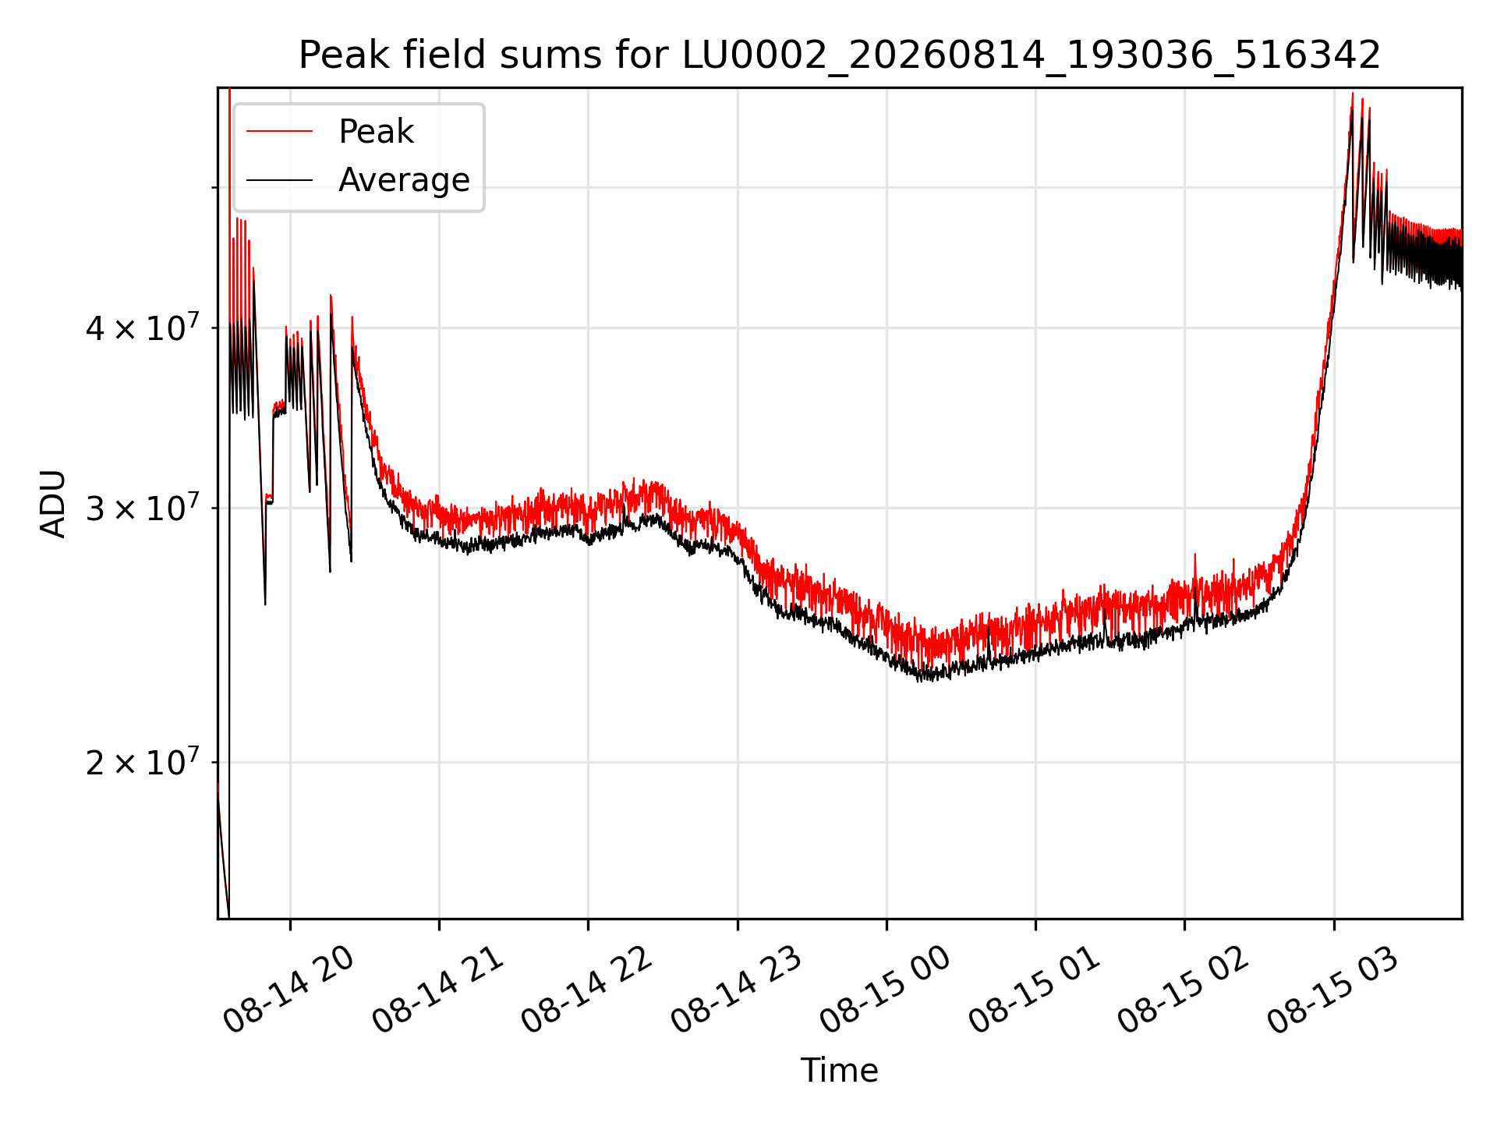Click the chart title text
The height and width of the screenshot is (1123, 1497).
point(840,55)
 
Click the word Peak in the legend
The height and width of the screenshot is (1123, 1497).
point(376,132)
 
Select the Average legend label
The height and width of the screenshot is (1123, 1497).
point(404,180)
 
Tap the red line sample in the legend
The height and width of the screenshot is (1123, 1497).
point(280,132)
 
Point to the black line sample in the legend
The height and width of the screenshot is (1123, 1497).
point(280,181)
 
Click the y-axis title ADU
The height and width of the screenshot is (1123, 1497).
point(53,504)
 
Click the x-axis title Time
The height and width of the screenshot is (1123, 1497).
point(840,1071)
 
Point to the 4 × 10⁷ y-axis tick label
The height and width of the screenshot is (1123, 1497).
point(142,328)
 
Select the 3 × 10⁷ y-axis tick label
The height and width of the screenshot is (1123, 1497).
point(142,508)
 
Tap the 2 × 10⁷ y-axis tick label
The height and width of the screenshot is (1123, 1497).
point(142,762)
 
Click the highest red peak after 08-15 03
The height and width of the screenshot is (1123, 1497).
point(1352,94)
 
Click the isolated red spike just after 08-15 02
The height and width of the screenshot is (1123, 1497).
point(1195,555)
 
